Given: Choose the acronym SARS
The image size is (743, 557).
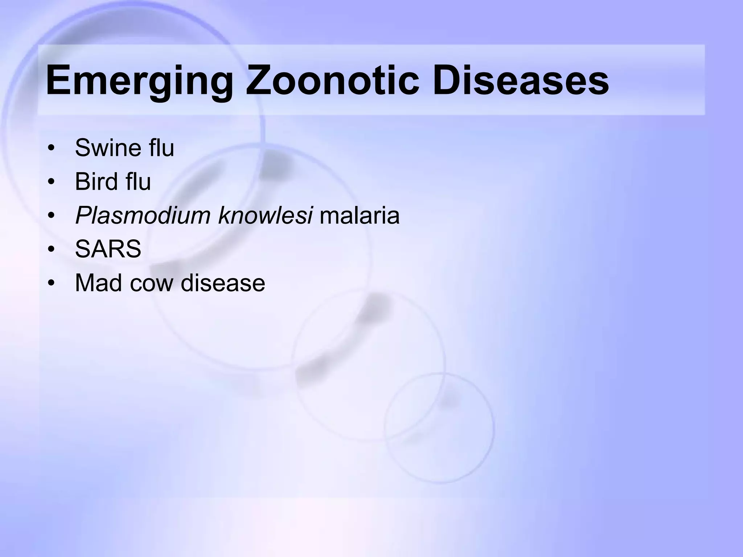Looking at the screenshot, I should (108, 249).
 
